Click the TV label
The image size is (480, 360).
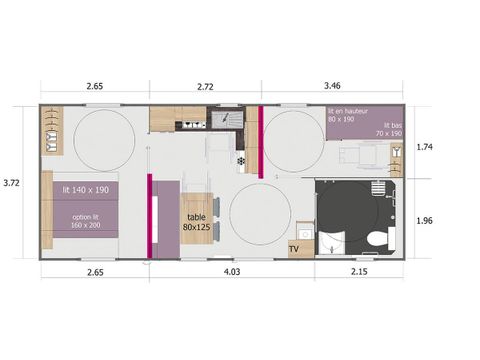click(294, 249)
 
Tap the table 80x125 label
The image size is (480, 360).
click(197, 221)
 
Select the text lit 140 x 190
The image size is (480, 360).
click(84, 190)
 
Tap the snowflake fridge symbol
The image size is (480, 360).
click(241, 160)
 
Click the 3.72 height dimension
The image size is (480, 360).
click(12, 183)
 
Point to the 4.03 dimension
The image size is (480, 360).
click(231, 272)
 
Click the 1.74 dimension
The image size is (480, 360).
click(423, 146)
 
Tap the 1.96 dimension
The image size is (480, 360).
click(423, 221)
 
